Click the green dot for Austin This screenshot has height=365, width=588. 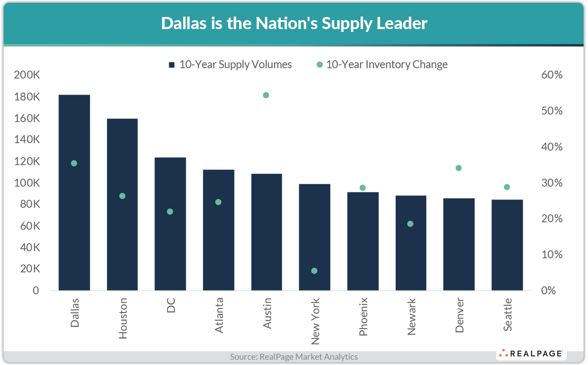pos(266,95)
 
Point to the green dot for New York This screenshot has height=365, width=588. pos(314,271)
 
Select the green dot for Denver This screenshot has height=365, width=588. pos(459,168)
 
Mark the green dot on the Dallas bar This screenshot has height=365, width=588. pos(74,163)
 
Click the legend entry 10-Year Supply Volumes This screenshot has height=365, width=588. pos(230,65)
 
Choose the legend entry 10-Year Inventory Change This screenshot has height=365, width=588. pos(382,65)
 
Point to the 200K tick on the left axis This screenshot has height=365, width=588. pos(27,75)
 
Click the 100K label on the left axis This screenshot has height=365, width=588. pos(27,183)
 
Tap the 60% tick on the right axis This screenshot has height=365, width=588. pos(552,75)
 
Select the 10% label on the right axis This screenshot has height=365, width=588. pos(552,255)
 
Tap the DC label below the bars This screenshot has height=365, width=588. pos(171,305)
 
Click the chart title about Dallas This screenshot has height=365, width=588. pos(294,23)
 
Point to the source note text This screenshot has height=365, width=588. pos(294,357)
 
